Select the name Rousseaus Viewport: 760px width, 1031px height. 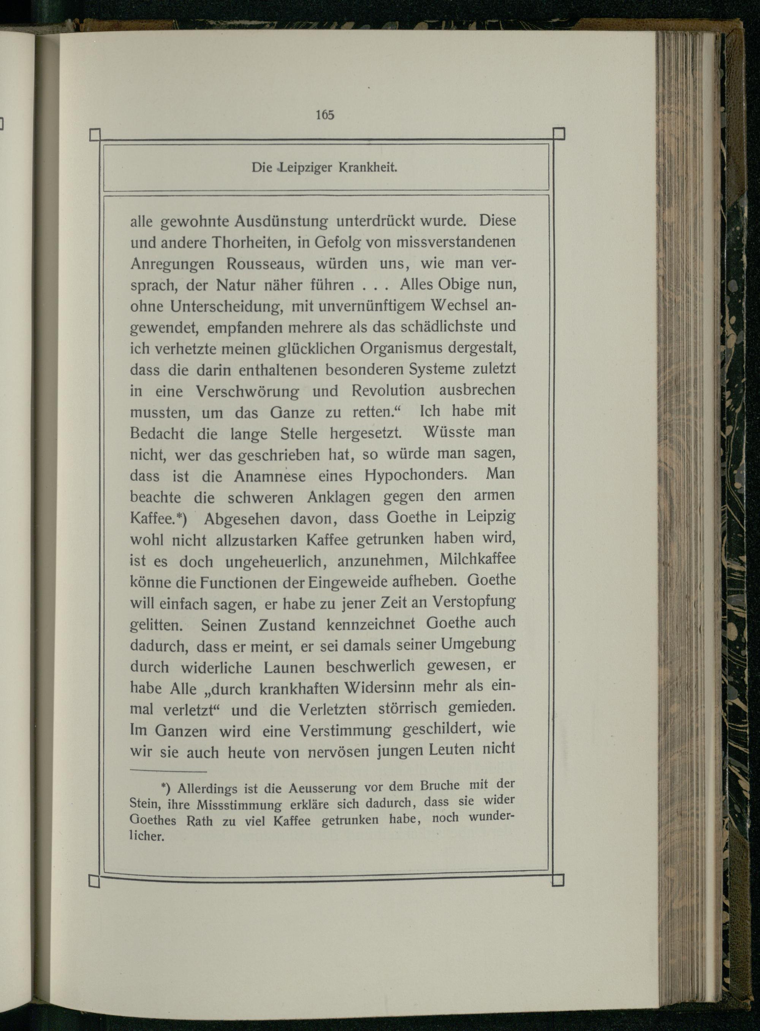255,264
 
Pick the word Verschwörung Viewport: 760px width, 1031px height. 247,392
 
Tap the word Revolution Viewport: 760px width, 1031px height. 388,390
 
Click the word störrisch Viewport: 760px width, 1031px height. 405,708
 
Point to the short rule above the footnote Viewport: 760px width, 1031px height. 168,771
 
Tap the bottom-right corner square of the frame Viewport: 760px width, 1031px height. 557,880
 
